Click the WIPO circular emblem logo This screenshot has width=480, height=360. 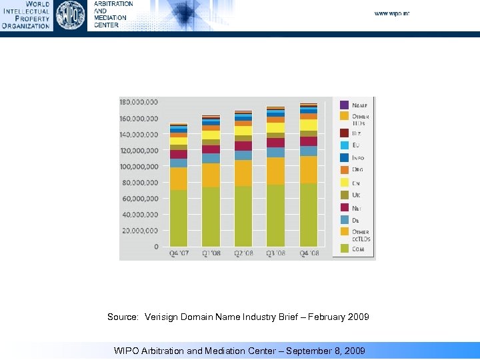pos(70,15)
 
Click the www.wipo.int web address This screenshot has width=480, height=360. pos(391,13)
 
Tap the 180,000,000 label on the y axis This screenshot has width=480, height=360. pos(139,102)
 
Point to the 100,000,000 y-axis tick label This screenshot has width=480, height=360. pos(139,166)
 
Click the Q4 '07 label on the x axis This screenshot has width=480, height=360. pos(178,254)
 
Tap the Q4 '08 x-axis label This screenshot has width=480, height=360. pos(308,254)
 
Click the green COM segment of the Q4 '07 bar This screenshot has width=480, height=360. pos(178,218)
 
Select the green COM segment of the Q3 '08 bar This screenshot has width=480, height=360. pos(275,215)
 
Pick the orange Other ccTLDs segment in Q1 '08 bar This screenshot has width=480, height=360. pos(211,175)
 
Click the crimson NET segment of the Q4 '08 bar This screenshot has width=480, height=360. pos(308,141)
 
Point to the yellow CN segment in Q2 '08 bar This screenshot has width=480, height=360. pos(243,131)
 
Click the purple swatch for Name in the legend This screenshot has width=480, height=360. pos(344,105)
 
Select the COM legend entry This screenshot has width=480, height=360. pos(357,249)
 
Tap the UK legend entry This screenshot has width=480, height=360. pos(356,194)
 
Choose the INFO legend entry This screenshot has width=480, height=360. pos(357,158)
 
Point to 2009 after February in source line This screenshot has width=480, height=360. pos(357,317)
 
